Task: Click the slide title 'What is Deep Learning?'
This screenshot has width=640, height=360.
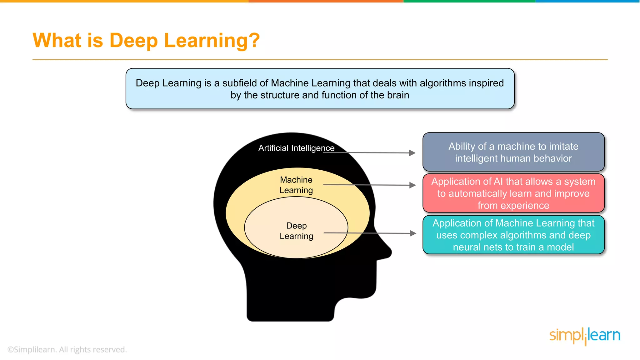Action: pos(146,41)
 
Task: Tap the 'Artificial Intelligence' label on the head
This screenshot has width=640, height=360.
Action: pos(296,148)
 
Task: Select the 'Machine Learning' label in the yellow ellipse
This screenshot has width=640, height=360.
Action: pos(296,185)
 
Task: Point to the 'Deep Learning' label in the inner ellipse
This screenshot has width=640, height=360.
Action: pos(296,231)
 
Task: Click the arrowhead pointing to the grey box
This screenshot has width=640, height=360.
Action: pos(412,153)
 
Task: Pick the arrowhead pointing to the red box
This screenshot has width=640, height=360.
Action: pos(413,185)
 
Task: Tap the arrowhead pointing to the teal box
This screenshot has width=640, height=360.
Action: pos(413,233)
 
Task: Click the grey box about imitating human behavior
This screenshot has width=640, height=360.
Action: pos(513,152)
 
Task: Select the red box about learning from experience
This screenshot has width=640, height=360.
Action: pos(513,193)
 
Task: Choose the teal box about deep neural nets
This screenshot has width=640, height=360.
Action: pos(513,235)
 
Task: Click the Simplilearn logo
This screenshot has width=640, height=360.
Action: pos(585,336)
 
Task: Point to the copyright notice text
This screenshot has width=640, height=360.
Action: pos(67,350)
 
